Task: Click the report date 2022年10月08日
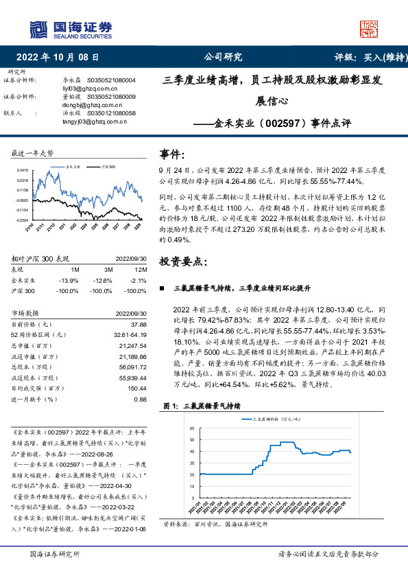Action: [x=58, y=57]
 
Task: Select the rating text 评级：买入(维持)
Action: [x=361, y=57]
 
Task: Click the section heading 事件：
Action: [x=172, y=153]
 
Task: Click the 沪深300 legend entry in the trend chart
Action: [x=106, y=166]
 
